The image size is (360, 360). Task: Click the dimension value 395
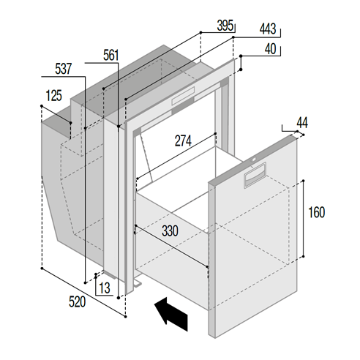pyautogui.click(x=225, y=26)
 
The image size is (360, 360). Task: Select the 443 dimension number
pyautogui.click(x=268, y=29)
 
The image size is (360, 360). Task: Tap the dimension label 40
pyautogui.click(x=270, y=49)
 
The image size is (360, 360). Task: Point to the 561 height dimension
pyautogui.click(x=111, y=55)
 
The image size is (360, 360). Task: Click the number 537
pyautogui.click(x=64, y=69)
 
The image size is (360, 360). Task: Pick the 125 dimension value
pyautogui.click(x=54, y=95)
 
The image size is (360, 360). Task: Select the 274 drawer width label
pyautogui.click(x=183, y=140)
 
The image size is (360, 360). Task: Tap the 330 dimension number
pyautogui.click(x=170, y=230)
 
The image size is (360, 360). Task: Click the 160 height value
pyautogui.click(x=317, y=212)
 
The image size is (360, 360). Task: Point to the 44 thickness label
pyautogui.click(x=302, y=123)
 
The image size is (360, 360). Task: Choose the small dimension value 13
pyautogui.click(x=105, y=288)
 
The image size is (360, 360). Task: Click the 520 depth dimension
pyautogui.click(x=77, y=302)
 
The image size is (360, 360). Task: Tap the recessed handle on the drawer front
pyautogui.click(x=255, y=175)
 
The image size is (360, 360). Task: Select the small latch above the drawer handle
pyautogui.click(x=254, y=160)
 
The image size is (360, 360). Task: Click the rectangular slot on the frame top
pyautogui.click(x=183, y=96)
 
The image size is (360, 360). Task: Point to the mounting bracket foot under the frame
pyautogui.click(x=138, y=283)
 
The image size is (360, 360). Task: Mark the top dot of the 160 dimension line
pyautogui.click(x=303, y=181)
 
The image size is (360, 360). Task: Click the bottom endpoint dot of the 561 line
pyautogui.click(x=119, y=298)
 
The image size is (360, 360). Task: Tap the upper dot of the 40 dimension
pyautogui.click(x=241, y=56)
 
